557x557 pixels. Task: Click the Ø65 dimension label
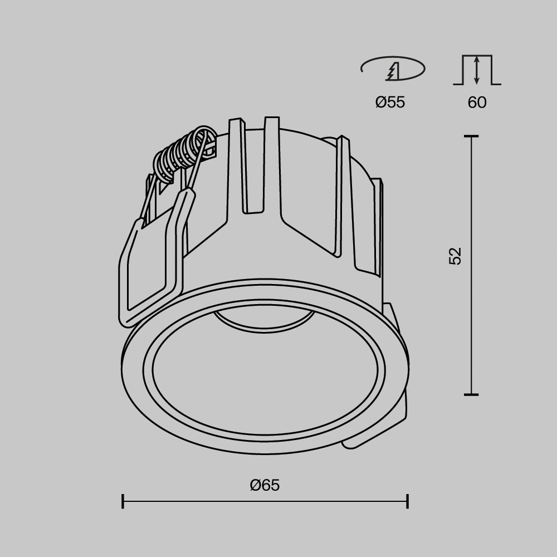click(265, 485)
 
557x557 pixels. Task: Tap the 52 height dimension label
click(456, 256)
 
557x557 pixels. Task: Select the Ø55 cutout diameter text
click(390, 102)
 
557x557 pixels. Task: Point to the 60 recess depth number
click(477, 102)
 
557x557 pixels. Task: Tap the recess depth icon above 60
click(477, 70)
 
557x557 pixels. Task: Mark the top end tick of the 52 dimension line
click(471, 136)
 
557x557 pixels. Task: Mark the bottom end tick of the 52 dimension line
click(471, 394)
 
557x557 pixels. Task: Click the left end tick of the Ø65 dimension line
click(123, 501)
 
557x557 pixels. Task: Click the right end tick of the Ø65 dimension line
click(408, 501)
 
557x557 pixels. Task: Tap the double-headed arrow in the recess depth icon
click(477, 70)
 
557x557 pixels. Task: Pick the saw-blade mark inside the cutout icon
click(393, 71)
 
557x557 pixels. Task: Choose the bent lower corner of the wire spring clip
click(128, 317)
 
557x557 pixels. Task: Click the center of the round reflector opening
click(264, 370)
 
